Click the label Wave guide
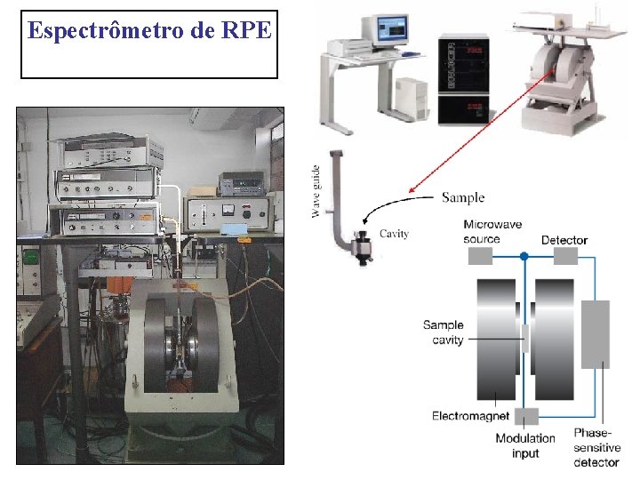click(x=316, y=190)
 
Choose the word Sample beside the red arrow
click(x=463, y=196)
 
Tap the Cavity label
click(x=394, y=234)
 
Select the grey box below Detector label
click(x=565, y=256)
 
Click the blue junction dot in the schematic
click(x=525, y=257)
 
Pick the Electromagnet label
click(x=470, y=415)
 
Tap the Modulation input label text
click(x=524, y=445)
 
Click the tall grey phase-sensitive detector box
click(x=596, y=333)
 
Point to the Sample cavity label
click(x=443, y=332)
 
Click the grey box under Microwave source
click(x=480, y=256)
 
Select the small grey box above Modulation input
click(x=526, y=415)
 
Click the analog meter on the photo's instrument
click(x=226, y=211)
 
